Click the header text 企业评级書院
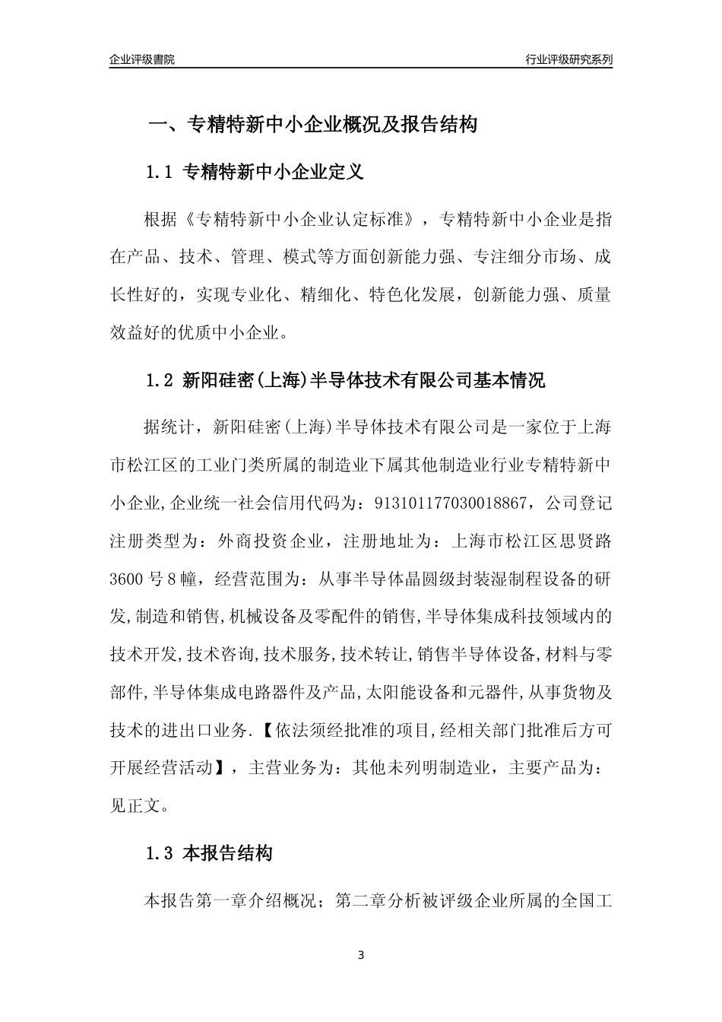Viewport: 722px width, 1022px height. [x=142, y=59]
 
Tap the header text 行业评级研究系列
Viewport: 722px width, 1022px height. [x=568, y=59]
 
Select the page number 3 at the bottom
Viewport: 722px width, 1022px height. [x=361, y=955]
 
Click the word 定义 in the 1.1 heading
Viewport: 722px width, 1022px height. [x=347, y=172]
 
